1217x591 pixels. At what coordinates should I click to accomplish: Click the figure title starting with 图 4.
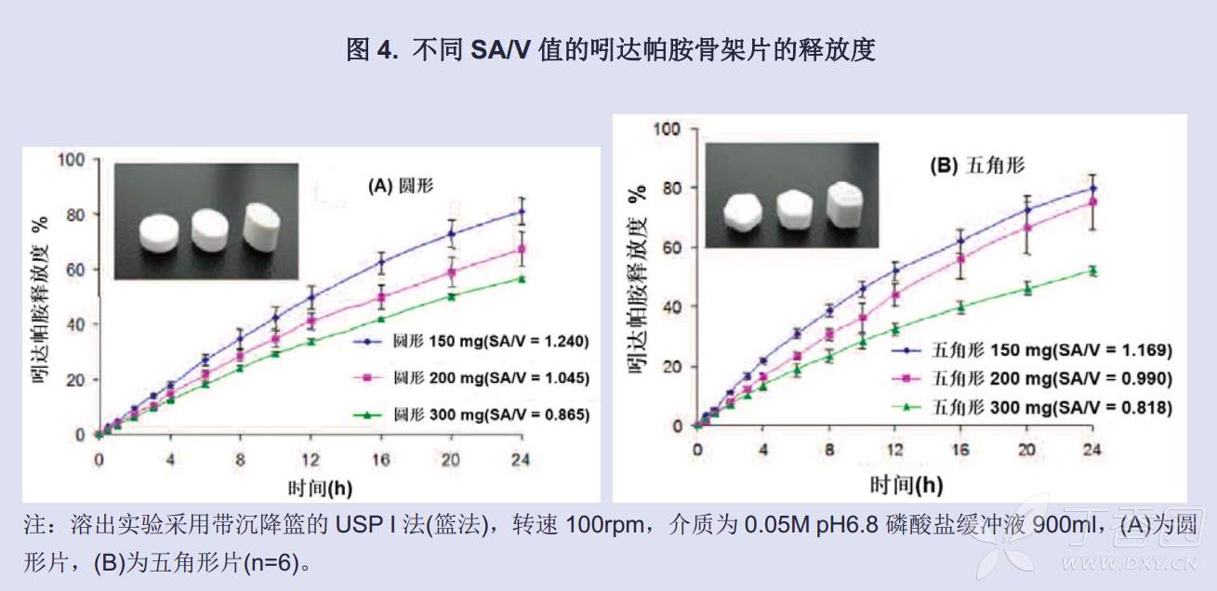tap(610, 49)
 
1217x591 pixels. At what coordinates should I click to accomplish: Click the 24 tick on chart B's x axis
tap(1092, 450)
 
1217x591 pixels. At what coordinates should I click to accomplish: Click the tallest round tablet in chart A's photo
tap(263, 226)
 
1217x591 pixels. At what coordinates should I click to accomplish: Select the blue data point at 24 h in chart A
tap(522, 212)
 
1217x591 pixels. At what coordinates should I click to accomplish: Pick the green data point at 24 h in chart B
tap(1093, 270)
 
